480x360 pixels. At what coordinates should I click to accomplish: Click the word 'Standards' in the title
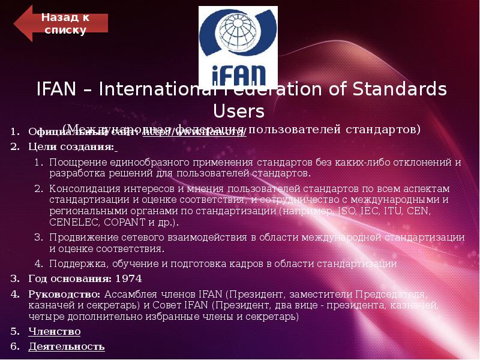400,90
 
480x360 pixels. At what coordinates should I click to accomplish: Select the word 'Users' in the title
239,111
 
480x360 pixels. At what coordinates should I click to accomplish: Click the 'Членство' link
54,331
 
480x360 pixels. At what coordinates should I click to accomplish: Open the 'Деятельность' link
66,346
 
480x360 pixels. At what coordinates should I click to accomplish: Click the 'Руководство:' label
65,295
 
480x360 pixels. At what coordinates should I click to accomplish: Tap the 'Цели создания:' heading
71,147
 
